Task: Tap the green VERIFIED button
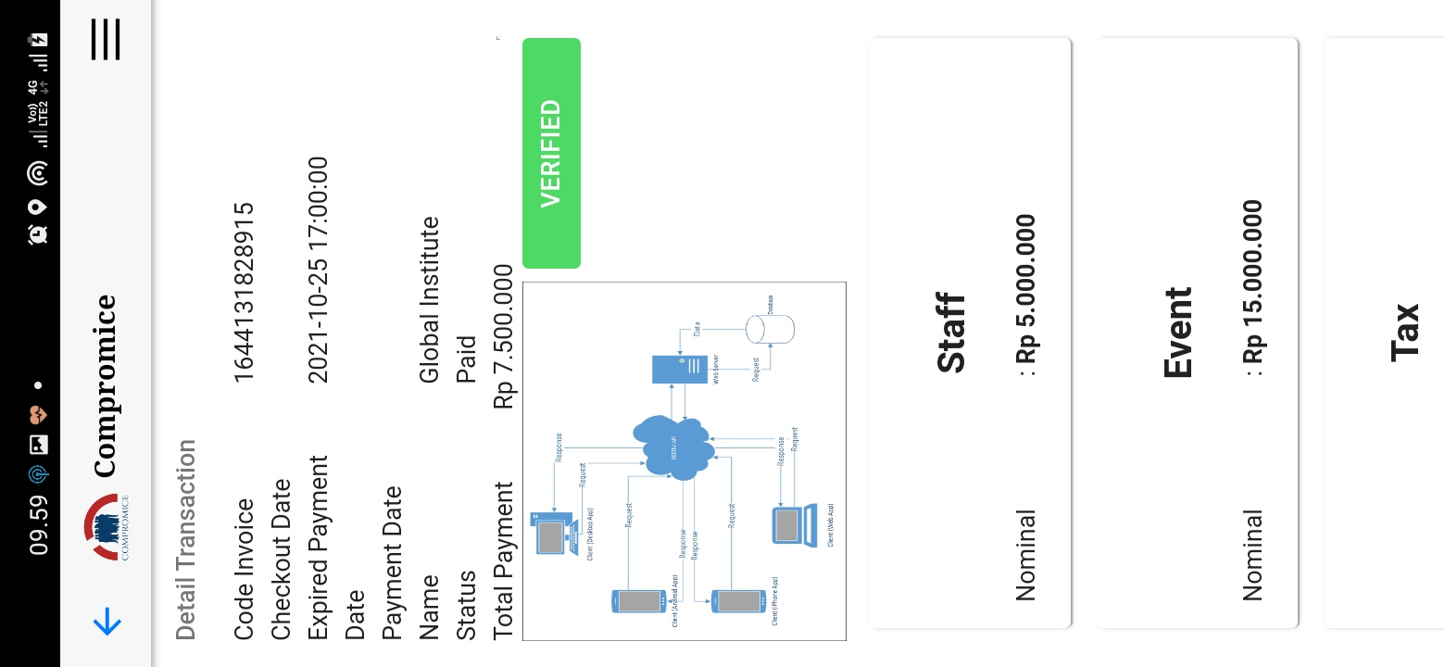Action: pos(551,153)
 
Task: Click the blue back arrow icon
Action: pos(107,623)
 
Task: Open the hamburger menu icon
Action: pos(106,39)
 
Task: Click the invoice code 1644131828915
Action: pos(244,292)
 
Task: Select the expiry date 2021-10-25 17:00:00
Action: pos(318,270)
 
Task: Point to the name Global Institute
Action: pos(430,299)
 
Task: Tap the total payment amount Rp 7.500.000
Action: pos(503,336)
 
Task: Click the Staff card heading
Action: pos(951,333)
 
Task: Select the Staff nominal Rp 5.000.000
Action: pos(1025,295)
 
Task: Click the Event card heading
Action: pos(1178,333)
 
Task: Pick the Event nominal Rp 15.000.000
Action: pos(1252,287)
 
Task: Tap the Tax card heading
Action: pos(1405,331)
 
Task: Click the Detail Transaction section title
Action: pos(186,540)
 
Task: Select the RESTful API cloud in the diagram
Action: pos(674,447)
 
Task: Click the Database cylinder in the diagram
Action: pos(771,329)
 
